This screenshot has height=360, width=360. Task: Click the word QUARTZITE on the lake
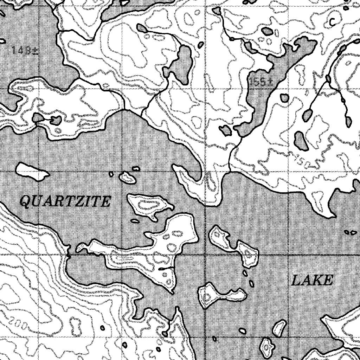point(65,202)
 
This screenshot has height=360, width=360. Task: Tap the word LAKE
point(312,281)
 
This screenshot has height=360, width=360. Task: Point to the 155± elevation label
point(261,82)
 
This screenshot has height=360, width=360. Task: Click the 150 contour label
point(304,162)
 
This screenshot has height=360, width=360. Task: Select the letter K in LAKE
point(318,281)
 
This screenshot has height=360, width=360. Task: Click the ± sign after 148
point(35,50)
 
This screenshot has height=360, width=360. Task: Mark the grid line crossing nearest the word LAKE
point(288,254)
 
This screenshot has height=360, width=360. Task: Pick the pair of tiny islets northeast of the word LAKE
point(350,232)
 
